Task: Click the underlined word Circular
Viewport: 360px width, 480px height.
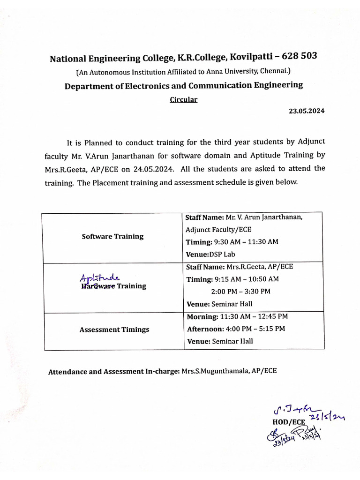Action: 183,100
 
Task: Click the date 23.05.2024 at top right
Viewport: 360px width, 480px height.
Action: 306,111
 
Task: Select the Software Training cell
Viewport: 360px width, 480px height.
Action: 112,236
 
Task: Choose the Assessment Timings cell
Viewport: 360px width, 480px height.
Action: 114,330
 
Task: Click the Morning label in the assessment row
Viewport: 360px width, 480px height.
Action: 202,317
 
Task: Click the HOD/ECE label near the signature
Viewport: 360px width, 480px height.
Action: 289,421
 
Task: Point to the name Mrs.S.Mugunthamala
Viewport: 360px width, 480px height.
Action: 216,371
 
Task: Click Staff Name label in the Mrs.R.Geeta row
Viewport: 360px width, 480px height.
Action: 205,267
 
